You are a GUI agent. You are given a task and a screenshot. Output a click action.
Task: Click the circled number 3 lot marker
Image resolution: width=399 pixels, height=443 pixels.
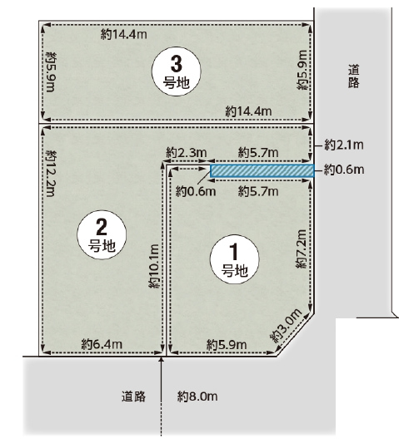click(x=176, y=71)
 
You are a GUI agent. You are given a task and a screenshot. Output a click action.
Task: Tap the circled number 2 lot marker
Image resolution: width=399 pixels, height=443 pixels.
click(x=102, y=234)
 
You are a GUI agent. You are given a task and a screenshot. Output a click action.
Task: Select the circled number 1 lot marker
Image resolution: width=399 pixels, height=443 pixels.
click(x=234, y=259)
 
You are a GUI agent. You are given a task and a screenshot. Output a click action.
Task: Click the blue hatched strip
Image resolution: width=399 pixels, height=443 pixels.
click(x=262, y=171)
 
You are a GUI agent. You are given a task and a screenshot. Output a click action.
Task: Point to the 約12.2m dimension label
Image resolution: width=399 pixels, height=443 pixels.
click(x=51, y=173)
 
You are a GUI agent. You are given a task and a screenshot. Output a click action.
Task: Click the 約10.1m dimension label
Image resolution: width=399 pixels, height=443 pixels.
click(x=155, y=267)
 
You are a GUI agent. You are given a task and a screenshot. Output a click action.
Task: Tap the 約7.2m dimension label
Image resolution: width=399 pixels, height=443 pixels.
click(x=301, y=249)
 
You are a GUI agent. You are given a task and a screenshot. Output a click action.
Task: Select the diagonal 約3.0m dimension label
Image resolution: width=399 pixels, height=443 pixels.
click(x=286, y=326)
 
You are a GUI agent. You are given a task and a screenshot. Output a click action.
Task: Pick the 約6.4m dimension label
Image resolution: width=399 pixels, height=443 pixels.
click(x=102, y=344)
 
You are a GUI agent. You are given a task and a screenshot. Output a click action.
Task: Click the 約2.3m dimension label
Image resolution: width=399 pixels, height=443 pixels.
click(x=187, y=153)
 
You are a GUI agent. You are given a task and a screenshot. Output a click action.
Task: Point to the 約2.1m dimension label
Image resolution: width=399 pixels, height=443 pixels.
click(x=344, y=145)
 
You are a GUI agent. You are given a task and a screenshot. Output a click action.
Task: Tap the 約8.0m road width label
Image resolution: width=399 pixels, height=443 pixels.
click(x=197, y=396)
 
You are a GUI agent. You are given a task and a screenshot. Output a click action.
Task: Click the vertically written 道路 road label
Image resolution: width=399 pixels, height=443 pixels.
click(x=354, y=76)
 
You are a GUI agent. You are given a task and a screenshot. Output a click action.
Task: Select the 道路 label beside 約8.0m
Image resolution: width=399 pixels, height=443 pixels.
click(x=133, y=396)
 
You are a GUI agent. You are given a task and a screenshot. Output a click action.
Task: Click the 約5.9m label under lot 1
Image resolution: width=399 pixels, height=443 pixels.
click(x=227, y=345)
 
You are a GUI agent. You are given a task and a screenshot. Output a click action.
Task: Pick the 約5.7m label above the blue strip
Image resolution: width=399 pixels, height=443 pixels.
click(x=258, y=153)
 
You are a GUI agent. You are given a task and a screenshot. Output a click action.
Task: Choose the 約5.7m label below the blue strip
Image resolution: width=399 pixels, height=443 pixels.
click(x=258, y=191)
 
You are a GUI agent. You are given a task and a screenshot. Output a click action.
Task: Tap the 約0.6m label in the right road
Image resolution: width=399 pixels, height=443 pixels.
click(x=344, y=170)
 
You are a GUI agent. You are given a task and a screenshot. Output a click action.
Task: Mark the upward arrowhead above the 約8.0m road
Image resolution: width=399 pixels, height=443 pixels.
click(x=162, y=359)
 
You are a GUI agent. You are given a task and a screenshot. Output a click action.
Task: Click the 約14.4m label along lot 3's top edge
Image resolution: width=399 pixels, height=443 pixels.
click(x=124, y=34)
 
